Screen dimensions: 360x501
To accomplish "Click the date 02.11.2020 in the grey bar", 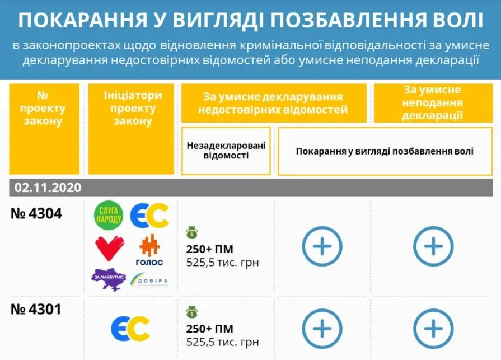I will click(x=48, y=187).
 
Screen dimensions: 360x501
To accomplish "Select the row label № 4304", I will click(x=36, y=213).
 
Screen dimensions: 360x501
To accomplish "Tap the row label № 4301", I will click(x=36, y=309).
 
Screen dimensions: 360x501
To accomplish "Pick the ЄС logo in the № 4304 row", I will click(x=149, y=216).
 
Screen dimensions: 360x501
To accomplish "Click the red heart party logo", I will click(x=110, y=247).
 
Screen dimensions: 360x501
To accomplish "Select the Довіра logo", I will click(x=149, y=279).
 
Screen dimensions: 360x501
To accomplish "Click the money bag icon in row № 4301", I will click(x=192, y=311).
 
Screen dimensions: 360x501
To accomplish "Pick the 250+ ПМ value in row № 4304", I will click(x=209, y=249).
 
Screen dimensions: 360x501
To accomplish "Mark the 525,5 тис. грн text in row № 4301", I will click(x=222, y=341).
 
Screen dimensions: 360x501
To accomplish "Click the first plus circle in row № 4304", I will click(x=322, y=246).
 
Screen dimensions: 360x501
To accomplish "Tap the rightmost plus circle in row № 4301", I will click(x=433, y=328).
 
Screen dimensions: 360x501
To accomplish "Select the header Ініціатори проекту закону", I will click(x=132, y=108).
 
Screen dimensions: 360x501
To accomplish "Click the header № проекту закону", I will click(x=43, y=108).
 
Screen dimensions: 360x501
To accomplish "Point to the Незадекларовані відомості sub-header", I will click(x=226, y=150).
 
